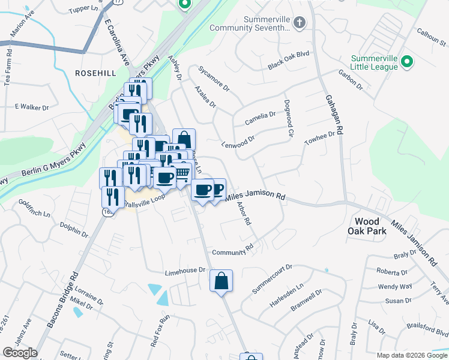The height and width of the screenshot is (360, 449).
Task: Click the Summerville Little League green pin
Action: (x=407, y=62)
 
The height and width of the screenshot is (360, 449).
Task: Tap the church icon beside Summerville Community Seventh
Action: (x=299, y=23)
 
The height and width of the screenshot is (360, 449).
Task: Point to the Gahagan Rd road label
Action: (x=333, y=114)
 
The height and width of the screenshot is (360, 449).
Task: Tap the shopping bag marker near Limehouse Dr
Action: (x=221, y=281)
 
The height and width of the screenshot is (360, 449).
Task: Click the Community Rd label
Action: (x=233, y=249)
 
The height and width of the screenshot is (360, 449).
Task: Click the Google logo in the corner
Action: (x=20, y=353)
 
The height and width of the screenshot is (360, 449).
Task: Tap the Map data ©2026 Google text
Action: (x=411, y=355)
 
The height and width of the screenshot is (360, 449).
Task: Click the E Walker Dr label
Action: (x=31, y=106)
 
